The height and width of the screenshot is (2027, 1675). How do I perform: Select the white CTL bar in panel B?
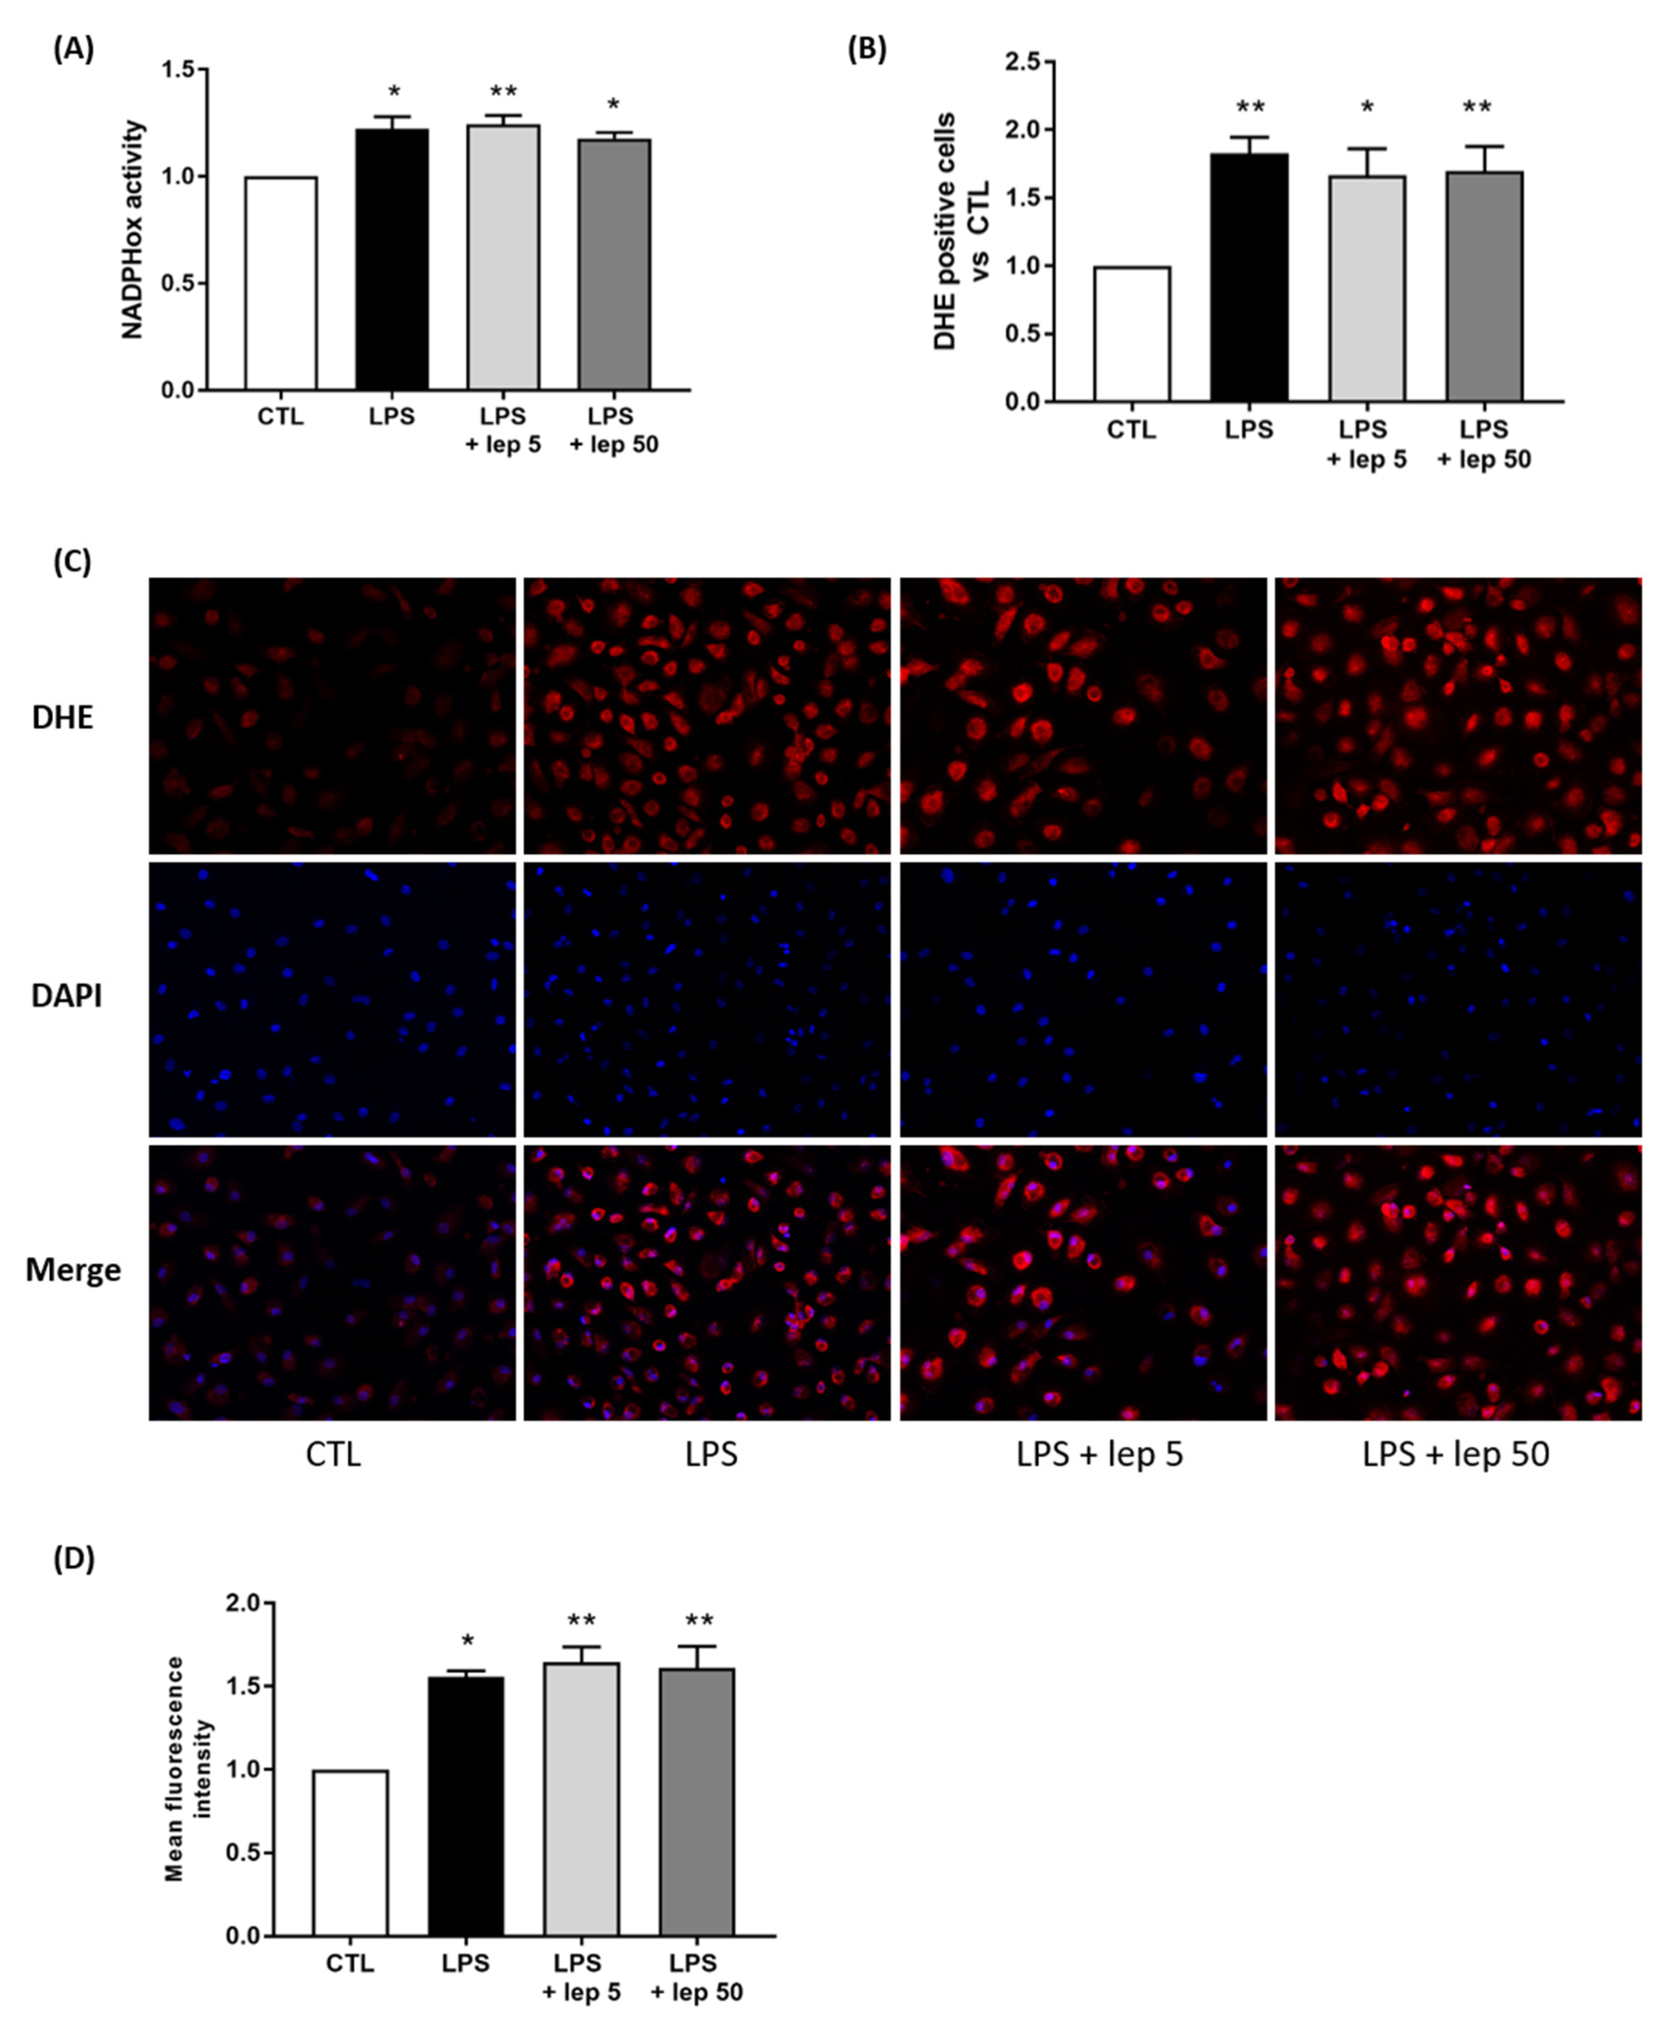1132,334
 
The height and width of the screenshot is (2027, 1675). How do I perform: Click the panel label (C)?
72,562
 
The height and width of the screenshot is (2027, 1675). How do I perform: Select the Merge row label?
73,1269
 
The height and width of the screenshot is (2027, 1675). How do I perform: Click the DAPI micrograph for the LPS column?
707,1000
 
